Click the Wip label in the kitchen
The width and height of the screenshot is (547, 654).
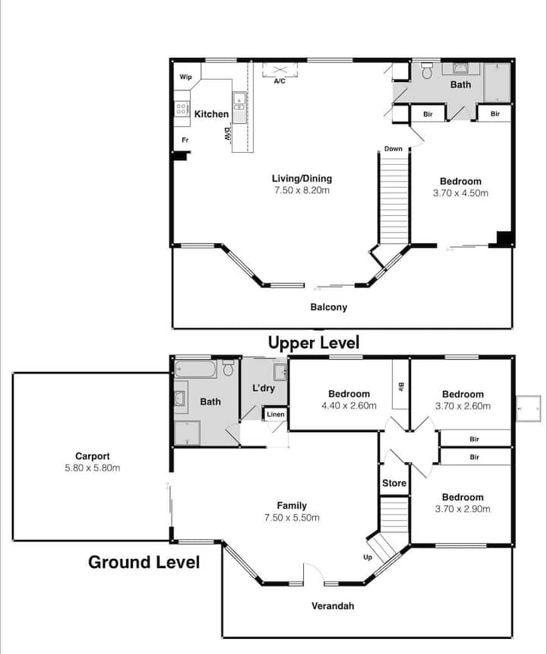(185, 77)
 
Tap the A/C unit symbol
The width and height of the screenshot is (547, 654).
(280, 70)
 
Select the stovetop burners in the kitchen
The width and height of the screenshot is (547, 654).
(182, 110)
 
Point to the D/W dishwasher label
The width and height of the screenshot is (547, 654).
(227, 135)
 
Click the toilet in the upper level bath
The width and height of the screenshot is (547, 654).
(427, 71)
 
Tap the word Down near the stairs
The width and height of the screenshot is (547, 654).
(394, 148)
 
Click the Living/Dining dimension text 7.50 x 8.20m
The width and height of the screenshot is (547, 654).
(302, 190)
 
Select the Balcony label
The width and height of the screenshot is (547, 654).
(329, 307)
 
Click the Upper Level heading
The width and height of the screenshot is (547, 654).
(314, 343)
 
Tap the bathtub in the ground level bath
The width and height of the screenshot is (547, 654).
(195, 369)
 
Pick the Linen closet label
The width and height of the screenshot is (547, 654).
(276, 414)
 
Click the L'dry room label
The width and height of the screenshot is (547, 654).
(264, 388)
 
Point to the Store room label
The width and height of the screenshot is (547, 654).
(394, 483)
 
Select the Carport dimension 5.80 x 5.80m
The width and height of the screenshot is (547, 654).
(93, 468)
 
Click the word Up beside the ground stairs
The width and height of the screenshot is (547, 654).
(368, 557)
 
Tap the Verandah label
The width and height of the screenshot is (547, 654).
(333, 605)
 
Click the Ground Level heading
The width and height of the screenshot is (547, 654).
(144, 562)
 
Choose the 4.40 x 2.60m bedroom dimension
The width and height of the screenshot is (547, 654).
(349, 405)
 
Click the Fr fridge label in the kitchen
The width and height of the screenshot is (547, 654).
(185, 140)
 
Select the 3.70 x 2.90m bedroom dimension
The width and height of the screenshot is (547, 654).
(463, 509)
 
